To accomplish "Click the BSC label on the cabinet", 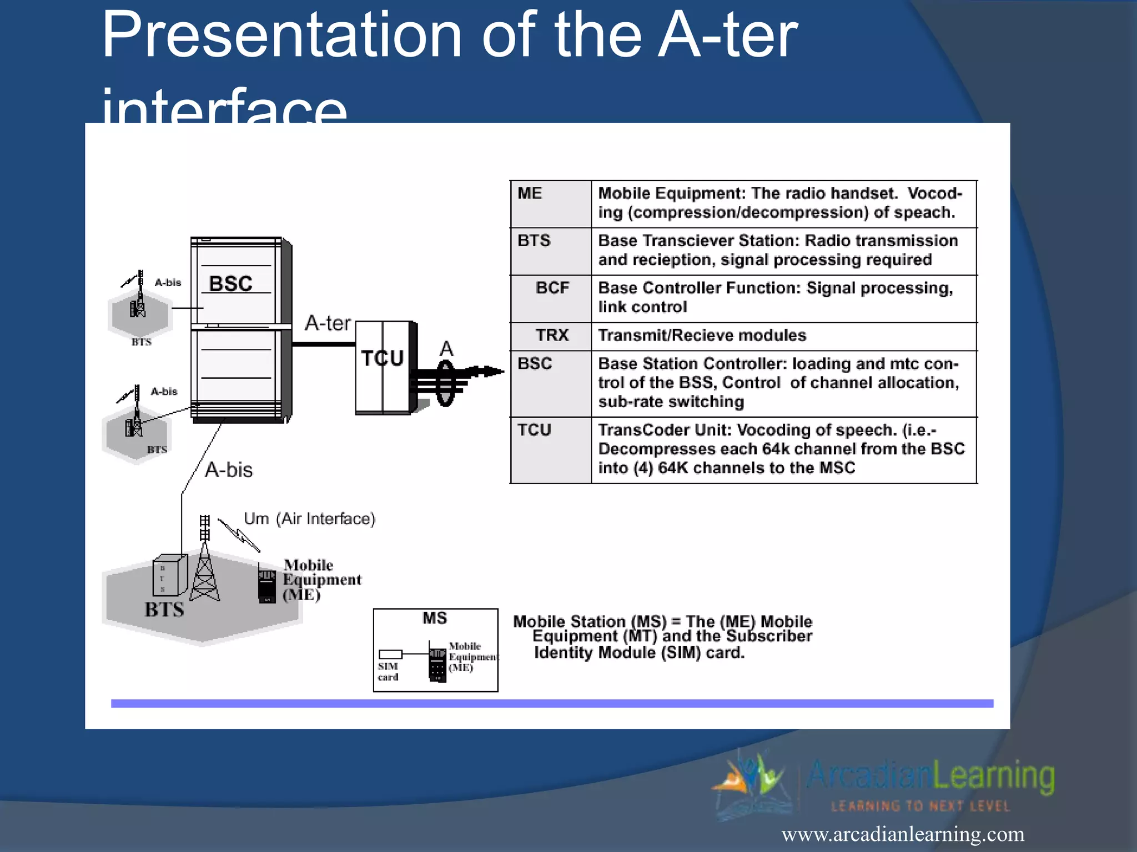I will tap(230, 283).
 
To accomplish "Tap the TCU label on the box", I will tap(382, 358).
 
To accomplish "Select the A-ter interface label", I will tap(328, 323).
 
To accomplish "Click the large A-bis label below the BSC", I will tap(229, 470).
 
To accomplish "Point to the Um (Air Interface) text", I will tap(310, 519).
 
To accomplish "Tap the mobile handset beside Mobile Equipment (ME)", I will tap(267, 585).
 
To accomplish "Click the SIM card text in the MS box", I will tap(388, 671).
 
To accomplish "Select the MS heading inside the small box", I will tap(435, 618).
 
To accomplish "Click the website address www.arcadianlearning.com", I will tap(903, 834).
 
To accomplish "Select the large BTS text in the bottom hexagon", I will tap(164, 610).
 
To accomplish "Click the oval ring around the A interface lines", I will tap(445, 383).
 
